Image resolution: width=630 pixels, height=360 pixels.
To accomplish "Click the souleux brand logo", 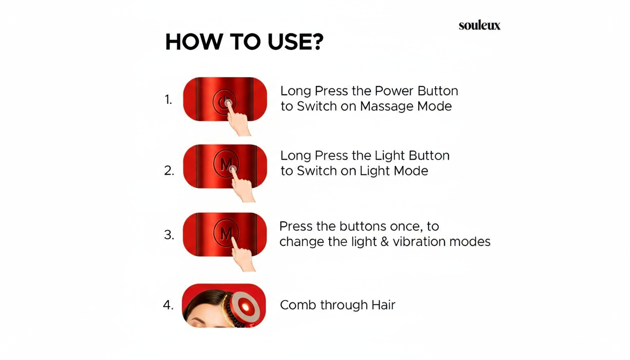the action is tap(480, 25).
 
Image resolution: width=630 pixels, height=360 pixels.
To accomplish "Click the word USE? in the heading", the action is tap(295, 42).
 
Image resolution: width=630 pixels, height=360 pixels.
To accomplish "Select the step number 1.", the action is tap(168, 99).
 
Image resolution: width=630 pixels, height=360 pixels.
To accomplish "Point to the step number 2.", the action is tap(169, 171).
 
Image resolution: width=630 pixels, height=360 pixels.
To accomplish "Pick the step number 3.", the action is tap(169, 234).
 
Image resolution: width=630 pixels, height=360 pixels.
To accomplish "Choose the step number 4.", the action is tap(168, 305).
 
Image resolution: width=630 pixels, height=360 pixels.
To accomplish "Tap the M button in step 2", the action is tap(226, 164).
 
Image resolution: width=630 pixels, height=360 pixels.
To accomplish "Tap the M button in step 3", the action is tap(226, 233).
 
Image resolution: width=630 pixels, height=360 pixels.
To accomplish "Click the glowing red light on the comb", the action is tap(246, 307).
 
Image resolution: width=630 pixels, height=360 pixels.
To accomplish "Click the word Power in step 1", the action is tap(394, 91).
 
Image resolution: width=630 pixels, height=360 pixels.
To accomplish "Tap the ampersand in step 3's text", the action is tap(384, 242).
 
